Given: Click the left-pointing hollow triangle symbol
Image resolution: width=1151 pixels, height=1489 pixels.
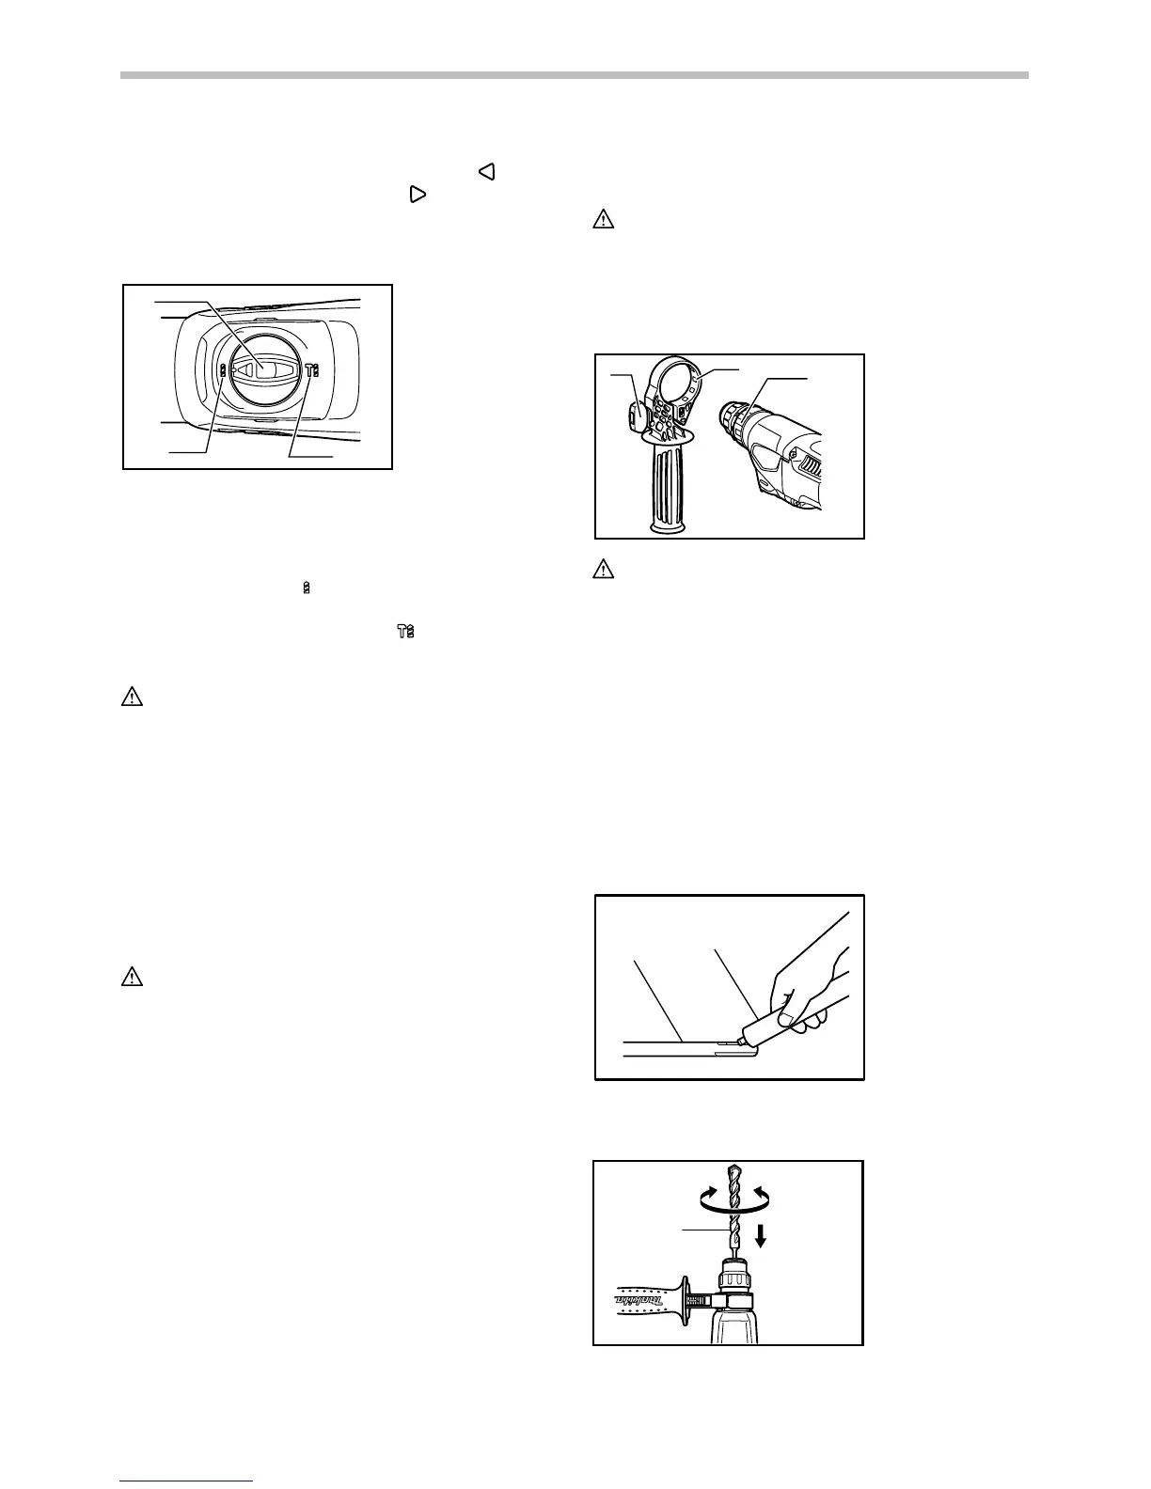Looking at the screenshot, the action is [x=486, y=171].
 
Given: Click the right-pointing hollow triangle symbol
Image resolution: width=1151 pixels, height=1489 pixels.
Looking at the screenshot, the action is [x=418, y=195].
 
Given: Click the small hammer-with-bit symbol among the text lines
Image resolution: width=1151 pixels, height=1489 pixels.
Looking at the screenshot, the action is [x=405, y=633].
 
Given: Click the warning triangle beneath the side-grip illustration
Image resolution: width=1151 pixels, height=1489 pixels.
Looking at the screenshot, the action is [x=603, y=569].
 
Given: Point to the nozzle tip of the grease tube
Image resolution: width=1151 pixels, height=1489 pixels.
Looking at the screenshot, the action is [x=742, y=1039].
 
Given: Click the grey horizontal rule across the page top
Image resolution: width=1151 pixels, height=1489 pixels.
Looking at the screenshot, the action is [x=575, y=76].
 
